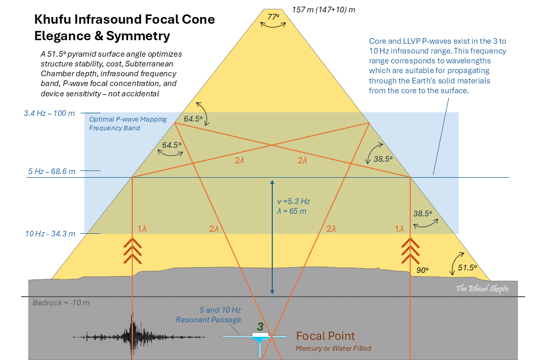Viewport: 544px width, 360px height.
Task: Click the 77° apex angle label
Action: click(x=273, y=17)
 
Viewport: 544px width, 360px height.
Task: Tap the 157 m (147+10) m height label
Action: click(x=323, y=9)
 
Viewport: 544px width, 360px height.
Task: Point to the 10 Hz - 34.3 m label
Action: click(x=50, y=233)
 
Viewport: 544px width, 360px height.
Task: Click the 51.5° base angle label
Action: click(x=467, y=267)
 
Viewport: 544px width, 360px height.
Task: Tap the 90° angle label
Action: click(x=422, y=269)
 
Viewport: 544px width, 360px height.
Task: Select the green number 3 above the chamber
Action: click(x=260, y=326)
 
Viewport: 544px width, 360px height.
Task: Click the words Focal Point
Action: click(x=325, y=336)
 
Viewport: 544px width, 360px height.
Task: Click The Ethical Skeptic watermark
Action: click(x=482, y=288)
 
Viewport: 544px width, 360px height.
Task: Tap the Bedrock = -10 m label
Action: click(x=61, y=302)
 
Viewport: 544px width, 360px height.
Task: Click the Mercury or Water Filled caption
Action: click(x=333, y=348)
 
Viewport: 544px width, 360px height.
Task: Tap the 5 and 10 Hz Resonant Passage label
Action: click(x=216, y=315)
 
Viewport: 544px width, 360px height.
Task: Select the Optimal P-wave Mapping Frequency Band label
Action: click(x=128, y=124)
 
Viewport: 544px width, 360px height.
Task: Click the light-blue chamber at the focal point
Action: click(x=263, y=337)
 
